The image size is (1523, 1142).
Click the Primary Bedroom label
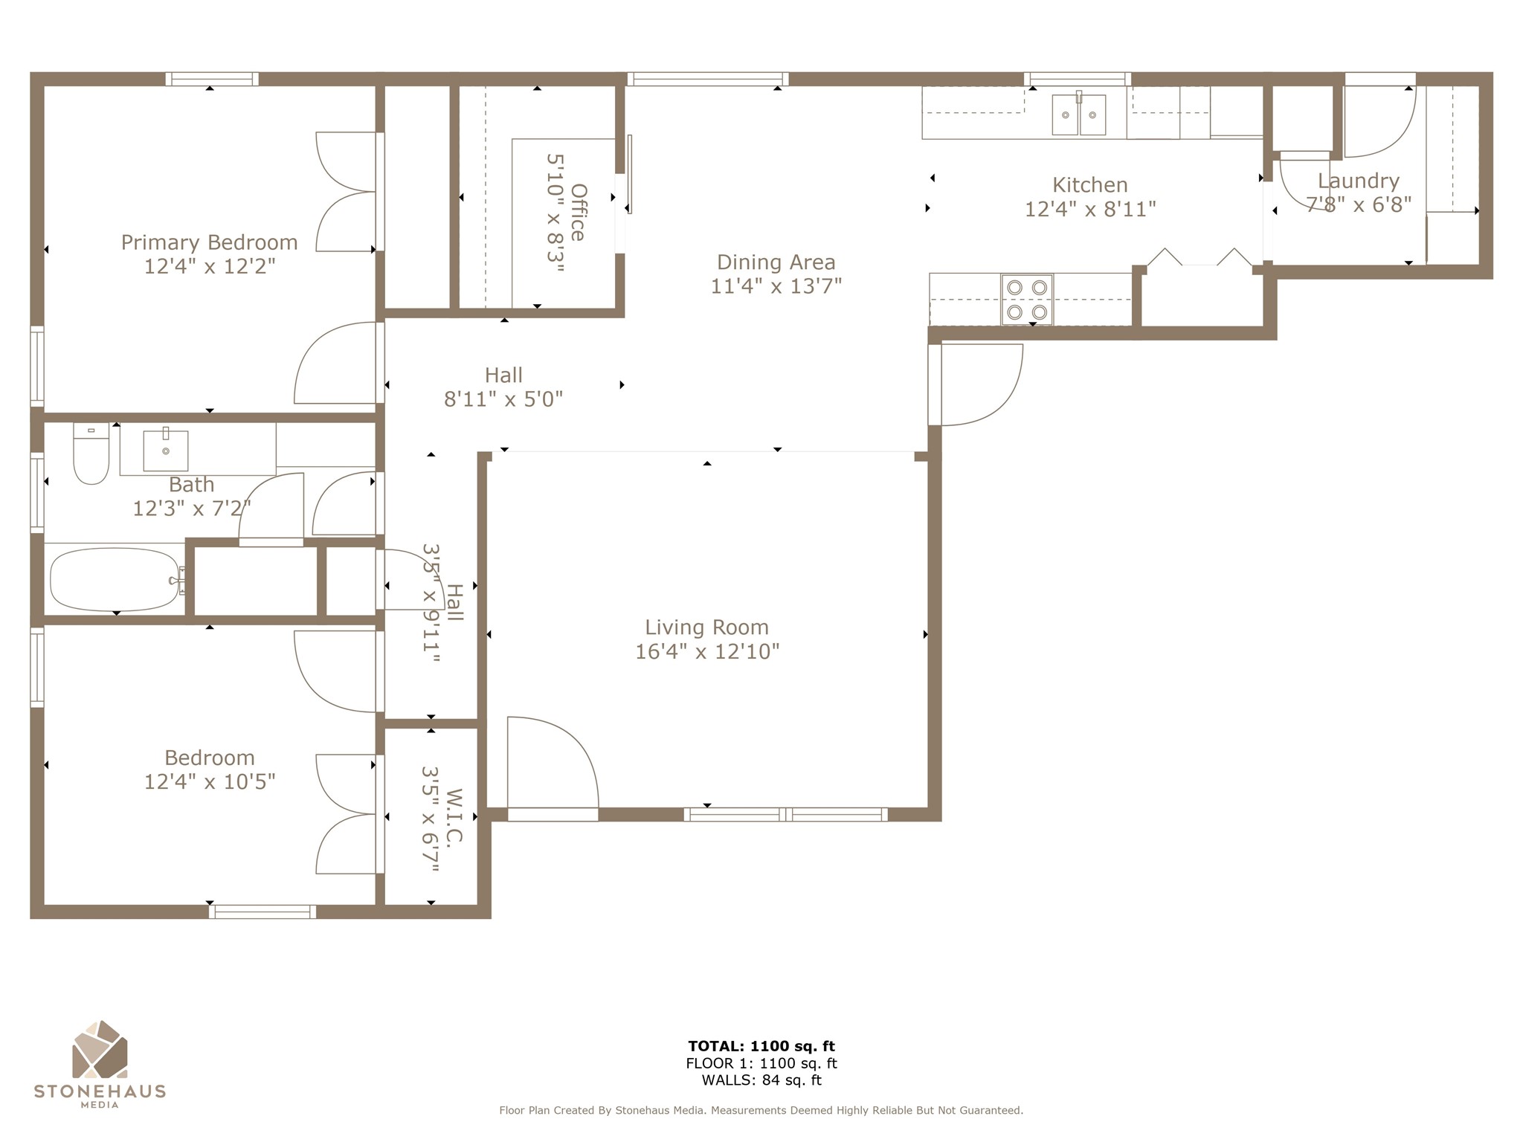[x=209, y=242]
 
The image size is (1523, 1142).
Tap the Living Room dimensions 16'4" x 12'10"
[x=706, y=651]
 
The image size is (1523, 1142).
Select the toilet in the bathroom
[x=91, y=453]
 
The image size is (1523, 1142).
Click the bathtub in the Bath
[x=115, y=580]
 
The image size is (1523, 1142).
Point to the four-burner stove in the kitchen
[x=1027, y=300]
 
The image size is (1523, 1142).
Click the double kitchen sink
[x=1078, y=114]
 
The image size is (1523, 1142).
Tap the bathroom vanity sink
[x=165, y=450]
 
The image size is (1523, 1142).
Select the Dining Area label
[x=776, y=262]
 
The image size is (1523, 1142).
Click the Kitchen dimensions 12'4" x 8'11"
[x=1090, y=209]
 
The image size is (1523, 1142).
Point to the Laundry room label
[x=1358, y=181]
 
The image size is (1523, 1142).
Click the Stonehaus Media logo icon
[x=100, y=1049]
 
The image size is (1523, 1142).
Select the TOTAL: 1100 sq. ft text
[x=761, y=1046]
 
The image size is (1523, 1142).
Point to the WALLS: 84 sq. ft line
[x=761, y=1080]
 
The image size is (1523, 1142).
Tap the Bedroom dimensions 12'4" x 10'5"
[x=210, y=781]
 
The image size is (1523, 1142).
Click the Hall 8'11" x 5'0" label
[x=503, y=387]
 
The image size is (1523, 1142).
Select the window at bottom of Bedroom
[x=262, y=912]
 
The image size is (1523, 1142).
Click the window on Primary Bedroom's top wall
[x=212, y=79]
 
